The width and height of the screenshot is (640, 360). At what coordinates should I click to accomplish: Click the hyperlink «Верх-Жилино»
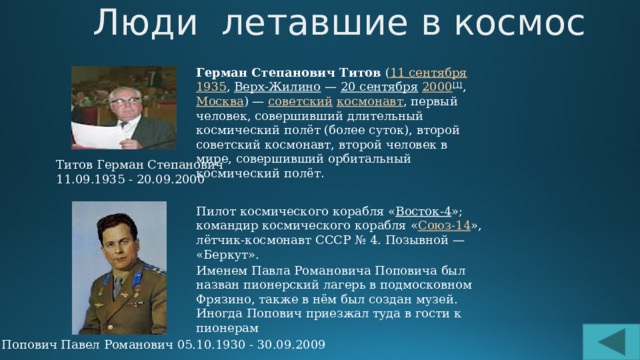pyautogui.click(x=268, y=89)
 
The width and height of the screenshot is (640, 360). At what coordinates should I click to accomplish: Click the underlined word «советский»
pyautogui.click(x=298, y=103)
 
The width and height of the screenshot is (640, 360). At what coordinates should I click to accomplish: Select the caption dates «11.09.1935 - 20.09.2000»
pyautogui.click(x=116, y=179)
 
